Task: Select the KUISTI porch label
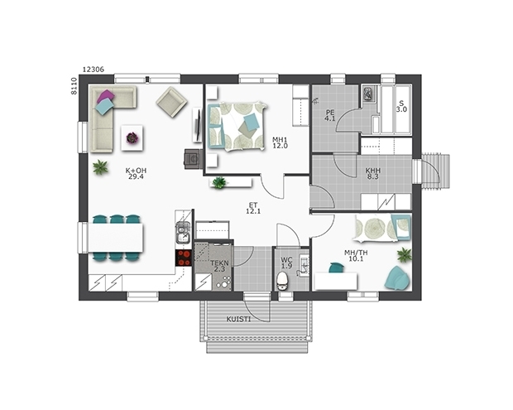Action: click(x=239, y=319)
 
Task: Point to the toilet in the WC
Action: click(x=281, y=281)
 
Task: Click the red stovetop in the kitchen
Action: click(x=183, y=258)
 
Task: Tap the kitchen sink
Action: click(x=183, y=233)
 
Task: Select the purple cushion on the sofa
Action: click(x=105, y=97)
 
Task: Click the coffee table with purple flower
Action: click(x=132, y=137)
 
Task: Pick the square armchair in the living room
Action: click(x=171, y=102)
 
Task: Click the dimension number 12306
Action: click(x=93, y=70)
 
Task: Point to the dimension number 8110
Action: click(x=74, y=86)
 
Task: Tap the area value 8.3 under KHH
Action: click(x=372, y=176)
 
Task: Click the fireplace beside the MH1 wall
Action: click(x=193, y=159)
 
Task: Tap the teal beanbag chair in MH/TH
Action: click(x=397, y=277)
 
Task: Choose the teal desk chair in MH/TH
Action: click(x=336, y=268)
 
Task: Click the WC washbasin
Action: click(x=304, y=265)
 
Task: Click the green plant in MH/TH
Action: click(x=405, y=255)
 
